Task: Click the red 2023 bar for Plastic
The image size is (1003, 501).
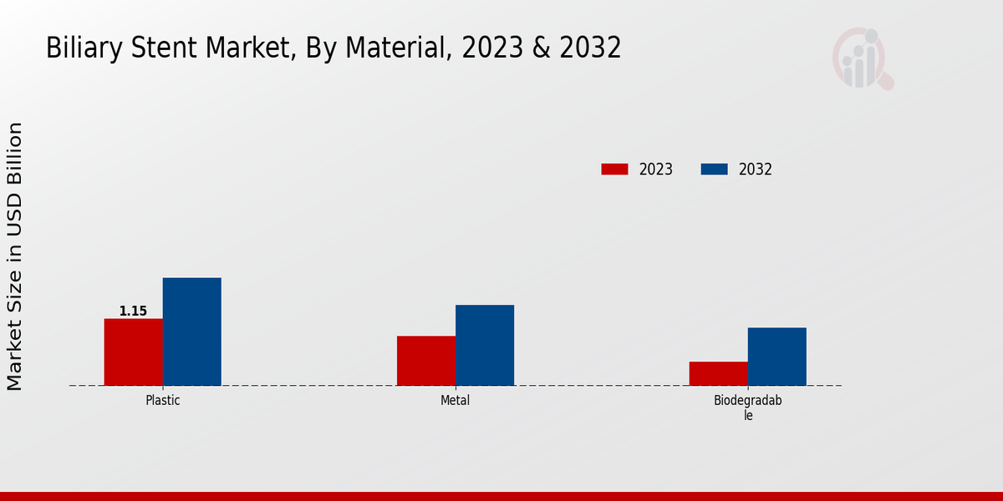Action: pos(133,352)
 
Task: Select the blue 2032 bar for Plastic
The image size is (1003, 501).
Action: pos(191,331)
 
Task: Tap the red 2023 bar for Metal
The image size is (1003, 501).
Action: pos(426,361)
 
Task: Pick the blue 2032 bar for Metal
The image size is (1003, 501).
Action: pos(485,345)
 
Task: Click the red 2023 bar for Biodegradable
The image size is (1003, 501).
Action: pos(719,373)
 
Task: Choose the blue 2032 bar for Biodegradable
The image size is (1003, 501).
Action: pos(777,357)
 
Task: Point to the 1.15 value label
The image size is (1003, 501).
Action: pos(133,311)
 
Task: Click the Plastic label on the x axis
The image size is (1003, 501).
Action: pos(163,400)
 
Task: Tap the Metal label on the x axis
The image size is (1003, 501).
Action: pos(456,400)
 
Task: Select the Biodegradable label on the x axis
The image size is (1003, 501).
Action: pos(748,407)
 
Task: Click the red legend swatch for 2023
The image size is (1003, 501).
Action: pos(614,170)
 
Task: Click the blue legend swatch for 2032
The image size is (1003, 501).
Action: pos(714,170)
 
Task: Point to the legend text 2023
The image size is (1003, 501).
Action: pos(656,170)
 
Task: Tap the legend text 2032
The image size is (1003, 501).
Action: pos(756,170)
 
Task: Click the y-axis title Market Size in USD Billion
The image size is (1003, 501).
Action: pos(15,256)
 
